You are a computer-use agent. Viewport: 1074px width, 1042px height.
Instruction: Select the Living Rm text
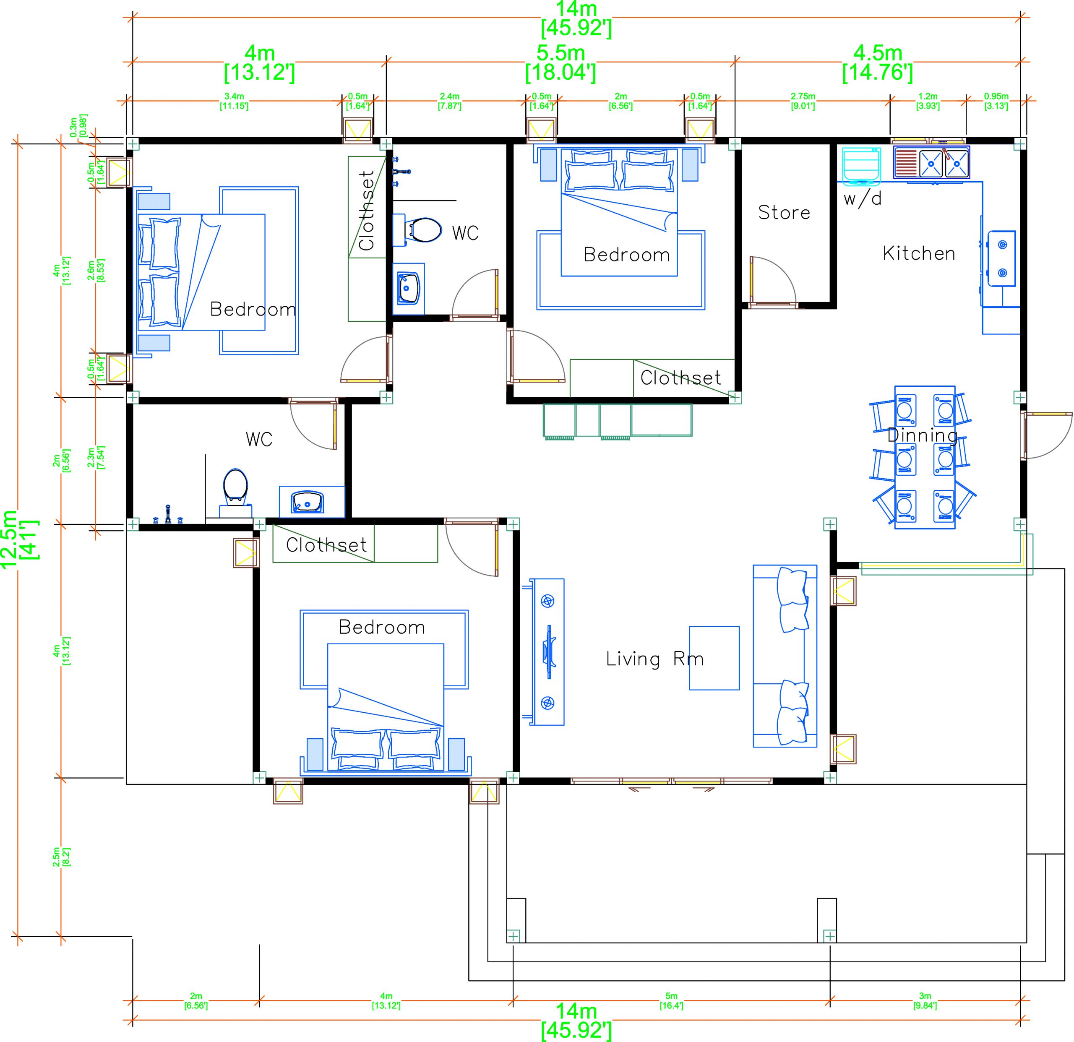pos(654,659)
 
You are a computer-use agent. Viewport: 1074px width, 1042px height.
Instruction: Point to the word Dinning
pos(922,435)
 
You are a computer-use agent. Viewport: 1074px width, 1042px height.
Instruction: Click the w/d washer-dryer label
pos(863,198)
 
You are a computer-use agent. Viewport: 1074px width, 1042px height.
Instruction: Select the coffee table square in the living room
pos(714,658)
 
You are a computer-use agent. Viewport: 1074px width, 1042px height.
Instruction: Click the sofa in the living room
pos(784,656)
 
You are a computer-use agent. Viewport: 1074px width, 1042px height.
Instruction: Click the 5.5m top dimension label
pos(560,63)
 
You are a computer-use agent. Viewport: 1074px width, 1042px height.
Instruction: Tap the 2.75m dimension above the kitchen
pos(802,100)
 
